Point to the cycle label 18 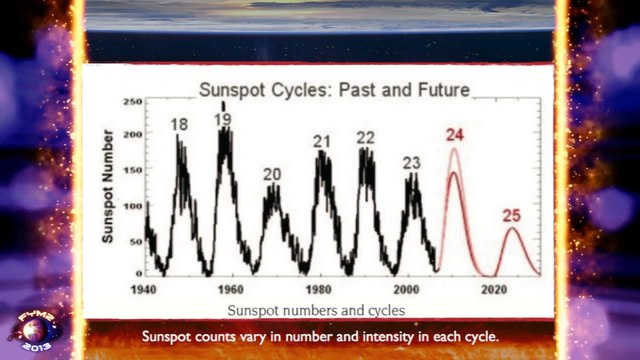click(x=180, y=125)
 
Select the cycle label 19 click(x=224, y=120)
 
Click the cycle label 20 click(x=272, y=174)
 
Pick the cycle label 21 click(x=321, y=141)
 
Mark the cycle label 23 click(x=412, y=163)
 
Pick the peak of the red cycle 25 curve click(x=513, y=229)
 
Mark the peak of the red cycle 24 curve click(x=454, y=150)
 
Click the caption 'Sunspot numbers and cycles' click(x=317, y=310)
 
